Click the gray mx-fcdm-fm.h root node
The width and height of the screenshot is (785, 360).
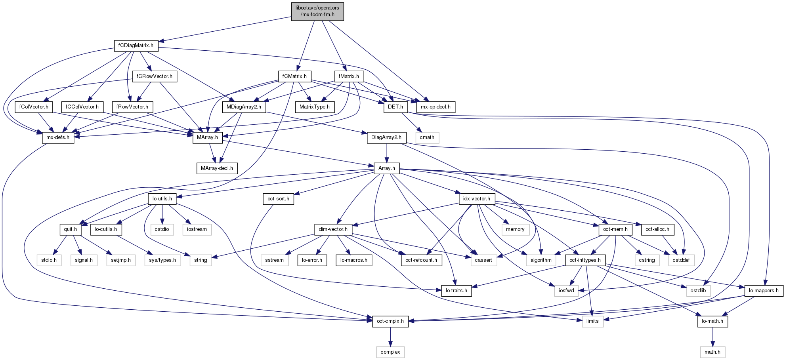[317, 11]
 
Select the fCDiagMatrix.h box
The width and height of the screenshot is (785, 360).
[136, 46]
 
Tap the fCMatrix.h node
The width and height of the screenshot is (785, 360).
[294, 76]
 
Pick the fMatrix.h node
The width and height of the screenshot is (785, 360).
[349, 76]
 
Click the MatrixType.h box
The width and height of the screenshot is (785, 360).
[315, 107]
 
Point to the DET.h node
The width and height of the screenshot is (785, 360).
[395, 107]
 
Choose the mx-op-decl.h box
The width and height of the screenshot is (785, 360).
[435, 107]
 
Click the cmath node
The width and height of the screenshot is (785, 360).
[427, 137]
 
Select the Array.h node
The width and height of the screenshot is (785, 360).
[386, 168]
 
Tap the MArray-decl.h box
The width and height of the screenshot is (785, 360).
[217, 168]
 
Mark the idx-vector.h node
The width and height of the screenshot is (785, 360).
[476, 199]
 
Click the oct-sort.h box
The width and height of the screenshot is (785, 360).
[278, 199]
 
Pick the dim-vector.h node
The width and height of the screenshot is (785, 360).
[333, 229]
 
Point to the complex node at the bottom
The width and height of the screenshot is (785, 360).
[390, 352]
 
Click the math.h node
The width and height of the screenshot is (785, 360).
[712, 352]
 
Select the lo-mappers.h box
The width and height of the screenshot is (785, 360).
[764, 291]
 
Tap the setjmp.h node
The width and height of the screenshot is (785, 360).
[120, 260]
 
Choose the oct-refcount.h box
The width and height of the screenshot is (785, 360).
[421, 260]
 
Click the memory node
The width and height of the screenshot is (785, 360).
[515, 229]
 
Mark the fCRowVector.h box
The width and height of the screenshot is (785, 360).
[154, 76]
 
